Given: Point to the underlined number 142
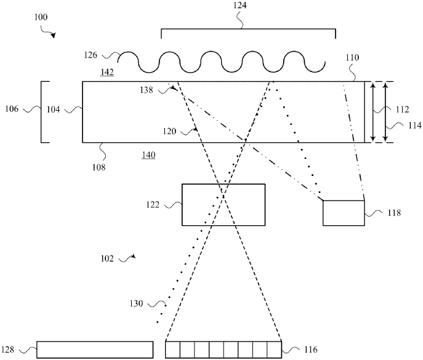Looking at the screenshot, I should [x=107, y=72].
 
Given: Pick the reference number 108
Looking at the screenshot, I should [x=99, y=166].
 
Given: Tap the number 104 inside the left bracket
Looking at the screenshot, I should [x=53, y=109].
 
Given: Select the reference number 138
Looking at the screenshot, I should [x=147, y=90].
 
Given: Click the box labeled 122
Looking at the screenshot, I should [x=223, y=204].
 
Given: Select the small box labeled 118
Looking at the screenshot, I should [x=343, y=213].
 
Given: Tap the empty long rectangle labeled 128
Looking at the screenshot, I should [x=95, y=349].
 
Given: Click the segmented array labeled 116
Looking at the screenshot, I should [x=223, y=349].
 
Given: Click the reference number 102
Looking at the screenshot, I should [x=107, y=259].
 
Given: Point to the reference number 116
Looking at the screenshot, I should [x=310, y=350].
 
